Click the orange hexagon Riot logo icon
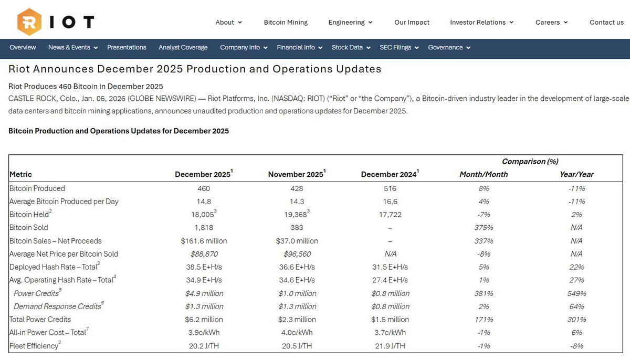[x=29, y=22]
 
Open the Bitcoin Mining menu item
[x=286, y=22]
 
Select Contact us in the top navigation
[x=606, y=22]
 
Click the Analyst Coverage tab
[x=183, y=47]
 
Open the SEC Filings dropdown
[x=399, y=47]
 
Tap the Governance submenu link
[x=449, y=47]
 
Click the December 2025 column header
[x=203, y=174]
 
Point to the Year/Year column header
[x=576, y=174]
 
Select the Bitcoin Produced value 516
[x=390, y=188]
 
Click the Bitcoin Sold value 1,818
[x=203, y=228]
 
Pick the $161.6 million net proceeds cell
[x=203, y=241]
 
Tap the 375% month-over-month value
[x=484, y=228]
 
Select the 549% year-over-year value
[x=576, y=293]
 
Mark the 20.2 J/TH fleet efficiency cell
[x=203, y=346]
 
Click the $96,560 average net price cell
[x=297, y=254]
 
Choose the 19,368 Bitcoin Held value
[x=296, y=215]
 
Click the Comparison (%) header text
[x=530, y=162]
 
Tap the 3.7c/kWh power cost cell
[x=390, y=333]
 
